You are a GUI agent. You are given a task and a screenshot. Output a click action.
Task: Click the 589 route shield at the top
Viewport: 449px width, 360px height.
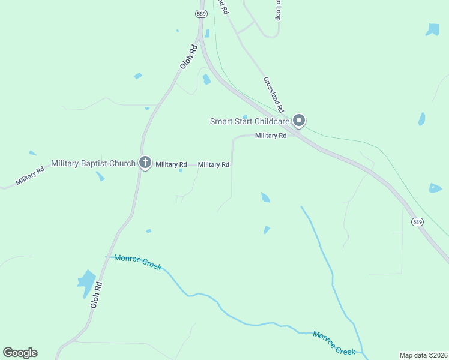200,13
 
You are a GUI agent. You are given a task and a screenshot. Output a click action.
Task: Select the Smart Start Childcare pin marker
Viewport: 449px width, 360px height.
299,121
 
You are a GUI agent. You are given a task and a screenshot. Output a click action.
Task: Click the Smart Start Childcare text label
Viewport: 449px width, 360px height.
249,121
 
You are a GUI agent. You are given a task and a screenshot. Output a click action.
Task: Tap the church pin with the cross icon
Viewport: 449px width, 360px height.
145,163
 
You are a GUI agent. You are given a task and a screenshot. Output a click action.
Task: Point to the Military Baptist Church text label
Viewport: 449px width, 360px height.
94,163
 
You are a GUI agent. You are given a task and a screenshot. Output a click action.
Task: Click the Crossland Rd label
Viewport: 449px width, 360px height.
273,94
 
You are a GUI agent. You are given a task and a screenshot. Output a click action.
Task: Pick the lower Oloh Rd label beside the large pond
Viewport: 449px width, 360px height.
96,295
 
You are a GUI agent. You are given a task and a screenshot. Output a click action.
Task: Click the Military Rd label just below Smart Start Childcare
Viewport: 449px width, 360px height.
271,136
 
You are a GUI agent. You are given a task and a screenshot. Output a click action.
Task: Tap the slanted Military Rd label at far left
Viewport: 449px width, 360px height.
31,176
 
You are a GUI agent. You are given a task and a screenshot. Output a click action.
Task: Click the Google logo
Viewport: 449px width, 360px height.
20,353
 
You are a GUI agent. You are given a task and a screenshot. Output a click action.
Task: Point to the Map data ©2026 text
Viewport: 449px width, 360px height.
424,355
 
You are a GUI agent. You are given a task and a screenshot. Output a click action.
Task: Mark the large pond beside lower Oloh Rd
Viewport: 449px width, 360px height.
86,282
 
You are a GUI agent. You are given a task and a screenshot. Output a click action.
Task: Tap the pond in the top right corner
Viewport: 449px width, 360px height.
432,29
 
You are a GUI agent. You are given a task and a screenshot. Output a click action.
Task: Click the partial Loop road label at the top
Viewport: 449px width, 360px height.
277,10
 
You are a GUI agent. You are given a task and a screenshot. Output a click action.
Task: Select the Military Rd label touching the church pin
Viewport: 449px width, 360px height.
171,164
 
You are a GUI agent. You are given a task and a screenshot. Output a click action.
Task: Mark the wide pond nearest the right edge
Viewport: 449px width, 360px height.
435,188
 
